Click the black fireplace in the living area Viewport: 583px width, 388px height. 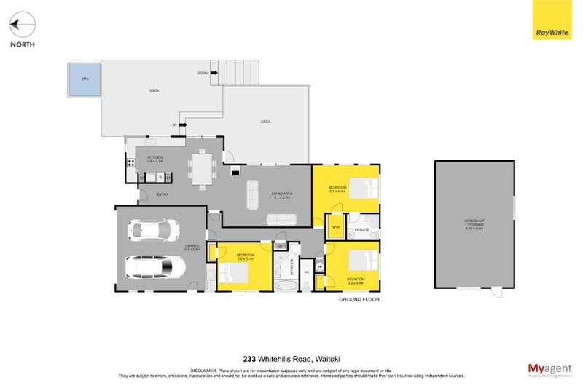click(x=235, y=172)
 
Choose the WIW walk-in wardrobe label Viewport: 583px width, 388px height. click(x=336, y=227)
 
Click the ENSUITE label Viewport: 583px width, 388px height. click(x=362, y=231)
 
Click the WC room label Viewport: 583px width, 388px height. click(x=307, y=273)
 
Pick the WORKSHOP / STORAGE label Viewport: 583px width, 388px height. click(x=474, y=223)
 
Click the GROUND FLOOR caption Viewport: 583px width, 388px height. click(x=359, y=299)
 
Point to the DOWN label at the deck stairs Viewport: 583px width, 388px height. click(x=203, y=74)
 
